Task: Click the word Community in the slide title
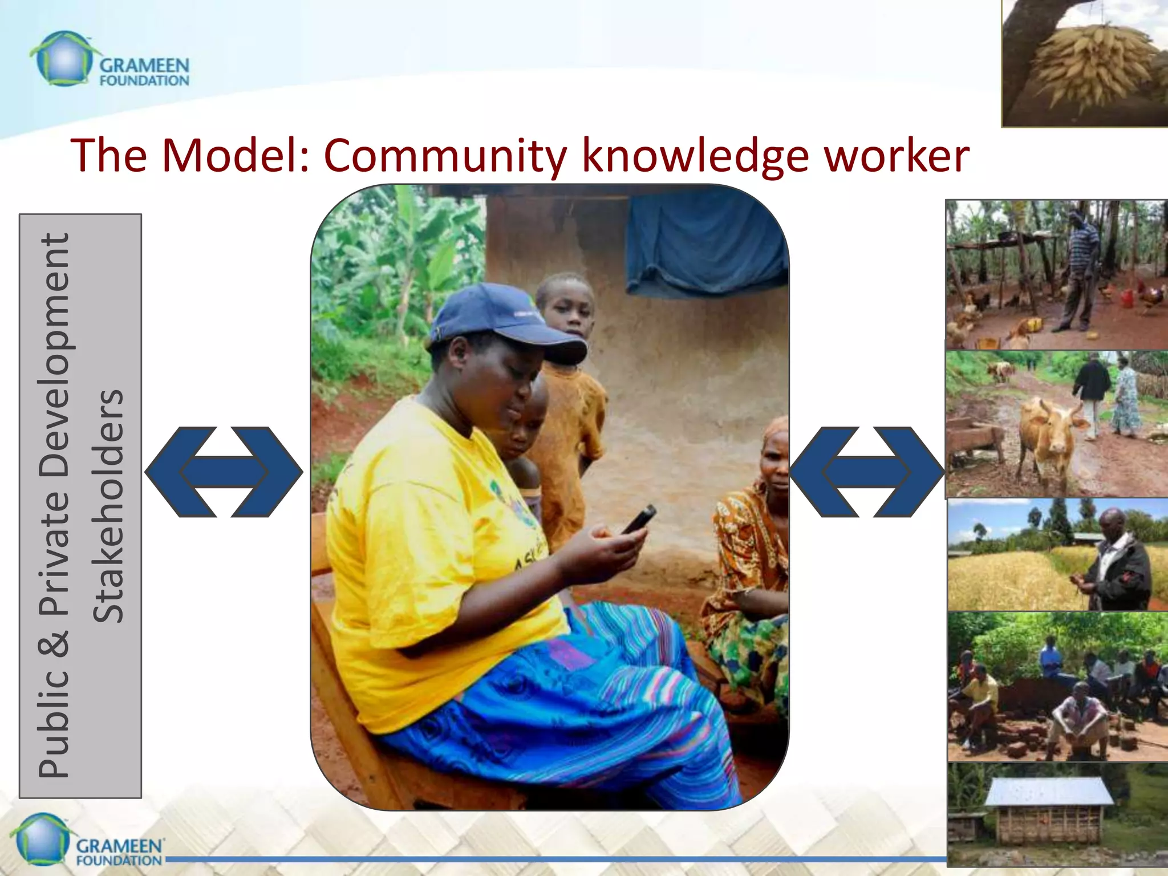click(445, 155)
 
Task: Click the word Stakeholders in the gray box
click(108, 506)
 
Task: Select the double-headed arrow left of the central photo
click(224, 472)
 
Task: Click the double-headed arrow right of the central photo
click(866, 472)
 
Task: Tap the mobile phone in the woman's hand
click(638, 519)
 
